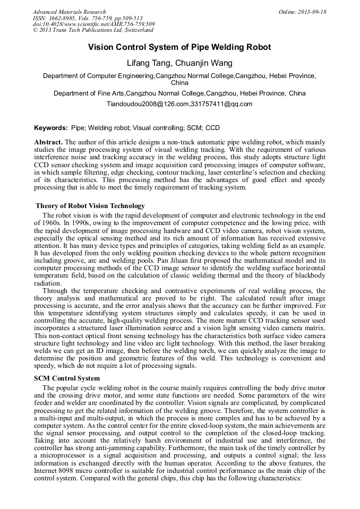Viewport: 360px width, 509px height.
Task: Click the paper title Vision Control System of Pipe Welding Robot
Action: tap(179, 47)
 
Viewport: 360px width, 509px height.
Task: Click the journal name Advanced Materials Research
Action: tap(69, 12)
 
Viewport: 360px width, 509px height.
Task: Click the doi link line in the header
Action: tap(93, 24)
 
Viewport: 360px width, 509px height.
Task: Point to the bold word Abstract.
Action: tap(48, 143)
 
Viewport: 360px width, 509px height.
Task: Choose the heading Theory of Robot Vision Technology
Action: tap(90, 206)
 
